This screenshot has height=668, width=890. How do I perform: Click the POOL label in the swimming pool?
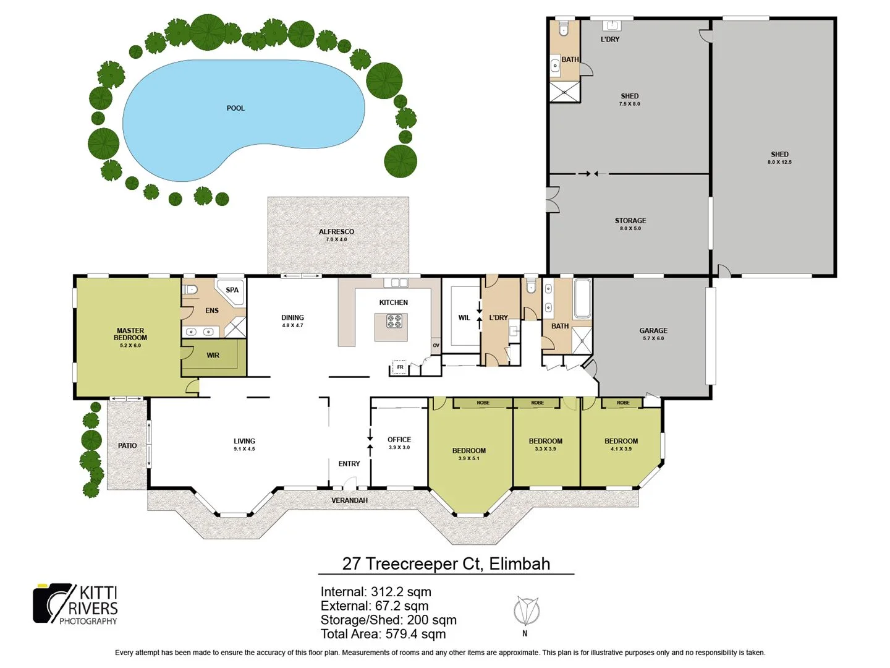click(235, 108)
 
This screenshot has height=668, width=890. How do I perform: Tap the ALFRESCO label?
click(336, 232)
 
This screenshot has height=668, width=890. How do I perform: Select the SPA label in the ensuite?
click(232, 290)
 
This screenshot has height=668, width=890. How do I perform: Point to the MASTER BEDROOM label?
click(130, 335)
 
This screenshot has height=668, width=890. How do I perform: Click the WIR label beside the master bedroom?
click(213, 356)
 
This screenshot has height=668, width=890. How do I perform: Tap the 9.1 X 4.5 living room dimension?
click(244, 449)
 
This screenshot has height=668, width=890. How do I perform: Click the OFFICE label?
click(399, 440)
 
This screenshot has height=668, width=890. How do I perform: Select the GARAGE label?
click(653, 331)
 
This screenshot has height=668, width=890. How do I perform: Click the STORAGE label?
click(630, 221)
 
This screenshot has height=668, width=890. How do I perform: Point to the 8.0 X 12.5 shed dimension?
click(779, 162)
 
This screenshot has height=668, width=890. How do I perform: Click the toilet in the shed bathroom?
click(563, 29)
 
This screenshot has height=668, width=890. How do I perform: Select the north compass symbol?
click(526, 612)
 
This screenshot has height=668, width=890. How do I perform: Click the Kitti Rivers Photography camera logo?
click(53, 603)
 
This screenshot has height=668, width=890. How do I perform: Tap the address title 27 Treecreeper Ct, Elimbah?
click(446, 563)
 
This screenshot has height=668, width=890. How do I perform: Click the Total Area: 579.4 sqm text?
click(383, 634)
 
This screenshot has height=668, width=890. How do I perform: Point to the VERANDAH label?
click(349, 500)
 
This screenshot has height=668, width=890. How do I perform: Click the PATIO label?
click(127, 445)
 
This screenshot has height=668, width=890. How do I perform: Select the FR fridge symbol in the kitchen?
click(400, 367)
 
